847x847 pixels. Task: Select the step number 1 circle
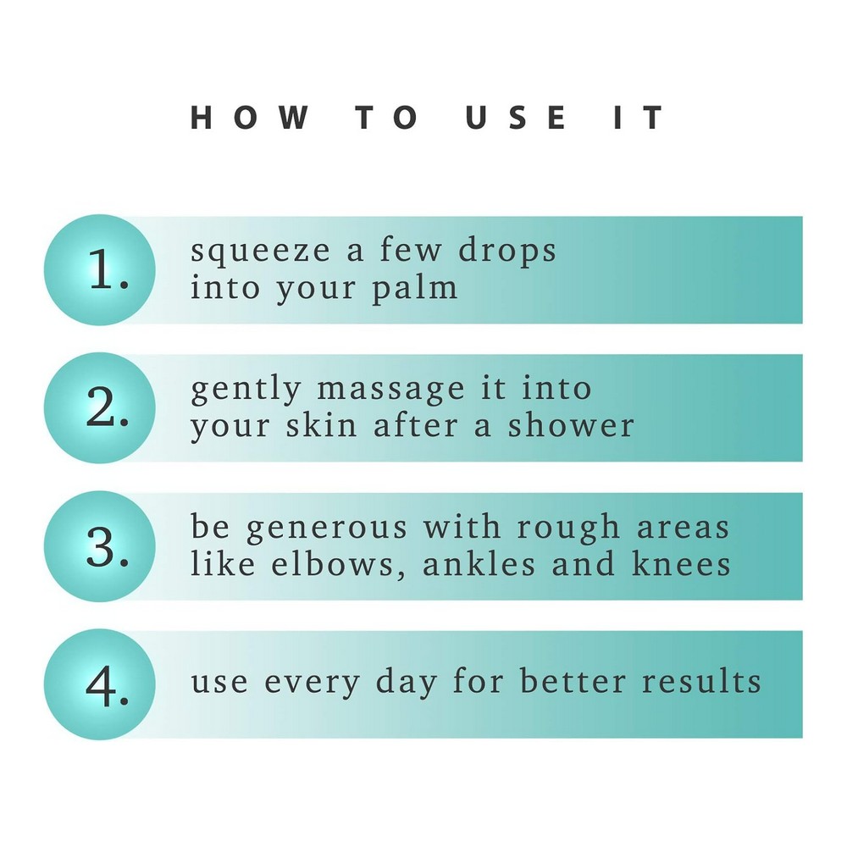click(99, 269)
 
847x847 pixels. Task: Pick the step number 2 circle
click(99, 408)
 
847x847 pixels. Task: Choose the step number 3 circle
click(99, 546)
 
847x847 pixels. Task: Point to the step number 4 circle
click(99, 684)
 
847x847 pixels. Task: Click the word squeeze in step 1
click(260, 252)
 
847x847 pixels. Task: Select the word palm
click(415, 287)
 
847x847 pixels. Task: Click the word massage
click(390, 390)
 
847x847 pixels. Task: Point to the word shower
click(571, 425)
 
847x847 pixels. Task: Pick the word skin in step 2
click(321, 425)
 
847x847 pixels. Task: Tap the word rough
click(568, 527)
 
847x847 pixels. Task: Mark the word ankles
click(479, 563)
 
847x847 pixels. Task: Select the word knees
click(681, 563)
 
